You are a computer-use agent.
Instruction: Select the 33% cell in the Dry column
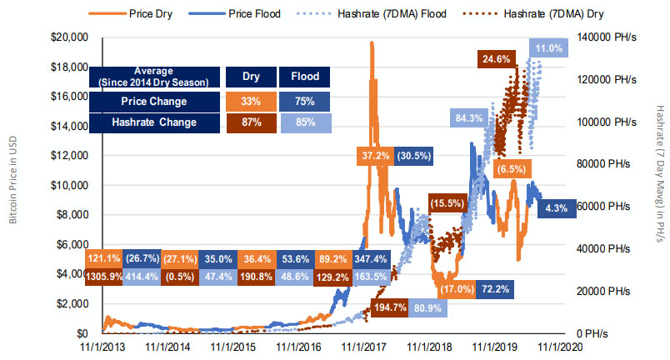point(251,102)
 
